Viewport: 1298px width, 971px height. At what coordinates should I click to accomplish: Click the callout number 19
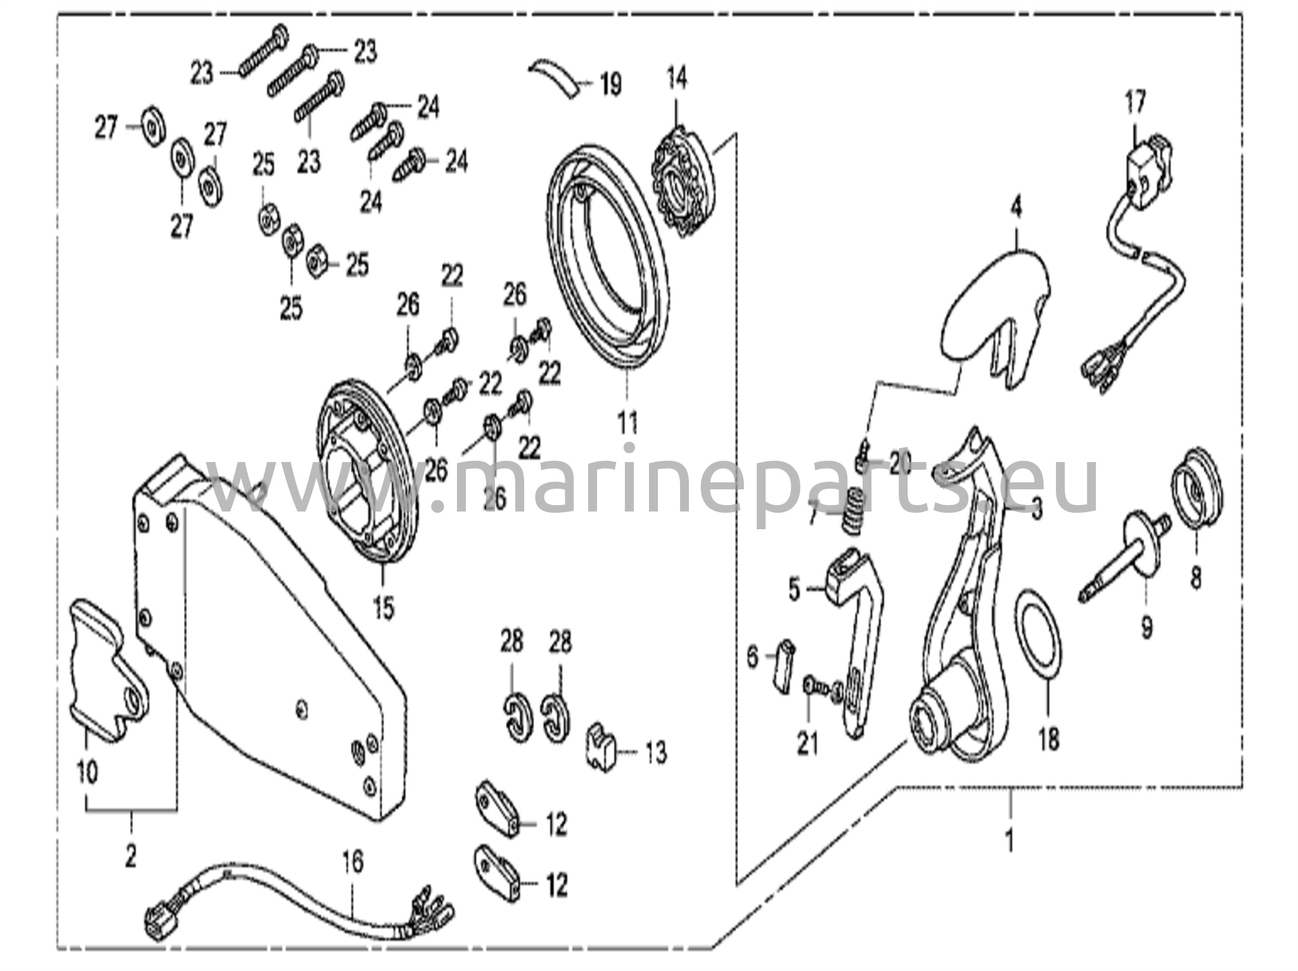coord(610,85)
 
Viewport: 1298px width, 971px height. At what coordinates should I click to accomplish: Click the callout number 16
coord(354,862)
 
